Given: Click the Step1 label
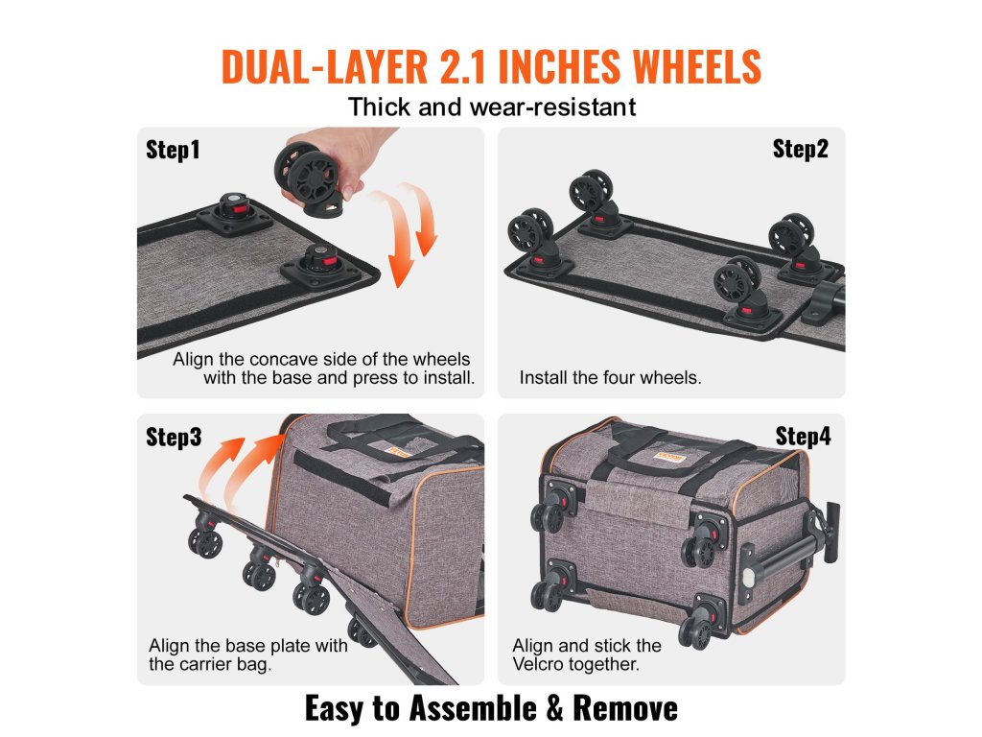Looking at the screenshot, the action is click(x=173, y=150).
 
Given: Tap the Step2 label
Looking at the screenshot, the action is click(x=801, y=149).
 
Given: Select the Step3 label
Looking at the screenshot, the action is click(x=174, y=437).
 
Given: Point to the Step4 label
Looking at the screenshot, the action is click(x=803, y=436).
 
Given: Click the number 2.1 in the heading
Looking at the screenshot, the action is click(x=463, y=66).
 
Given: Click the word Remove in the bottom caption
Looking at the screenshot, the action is click(x=625, y=708).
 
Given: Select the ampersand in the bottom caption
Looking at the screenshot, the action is click(x=554, y=708).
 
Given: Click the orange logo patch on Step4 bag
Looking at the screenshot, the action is click(x=668, y=457).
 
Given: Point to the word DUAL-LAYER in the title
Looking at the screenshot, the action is click(x=324, y=66).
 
